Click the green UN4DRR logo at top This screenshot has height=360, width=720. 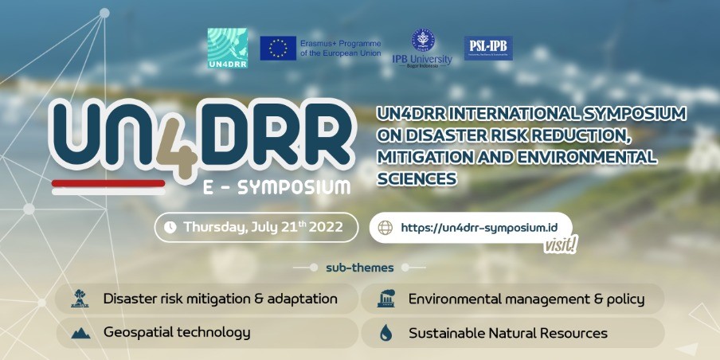coord(227,48)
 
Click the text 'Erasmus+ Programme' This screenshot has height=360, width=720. coord(341,43)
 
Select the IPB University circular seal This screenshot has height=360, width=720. coord(421,40)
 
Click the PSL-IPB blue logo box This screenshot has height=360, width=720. coord(488,49)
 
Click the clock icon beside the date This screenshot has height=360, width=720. coord(170,227)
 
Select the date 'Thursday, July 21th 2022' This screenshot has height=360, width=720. coord(263,227)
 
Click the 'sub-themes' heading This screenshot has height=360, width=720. coord(359,268)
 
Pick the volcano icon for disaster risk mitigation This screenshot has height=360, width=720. coord(80,299)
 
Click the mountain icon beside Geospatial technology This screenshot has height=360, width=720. coord(80,333)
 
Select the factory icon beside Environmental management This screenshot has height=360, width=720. coord(385,299)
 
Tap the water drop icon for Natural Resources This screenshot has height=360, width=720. coord(385,333)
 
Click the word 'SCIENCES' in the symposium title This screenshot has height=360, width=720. coord(416,178)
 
